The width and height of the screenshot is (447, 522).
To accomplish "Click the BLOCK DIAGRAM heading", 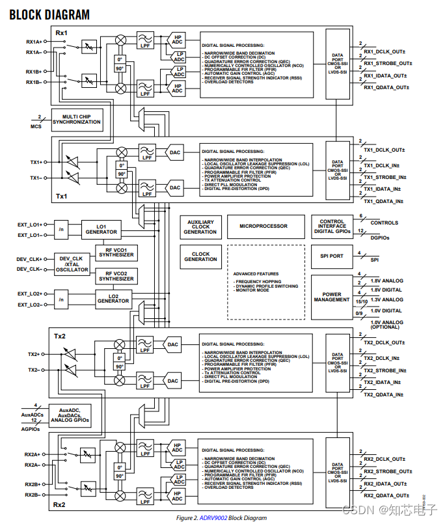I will click(49, 14).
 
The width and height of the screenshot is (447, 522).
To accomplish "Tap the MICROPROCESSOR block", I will click(264, 227).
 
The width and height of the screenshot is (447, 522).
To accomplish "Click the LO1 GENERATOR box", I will click(102, 229).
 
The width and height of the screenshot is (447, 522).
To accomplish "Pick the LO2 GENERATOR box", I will click(113, 299).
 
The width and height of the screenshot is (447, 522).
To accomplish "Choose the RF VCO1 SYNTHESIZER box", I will click(116, 252).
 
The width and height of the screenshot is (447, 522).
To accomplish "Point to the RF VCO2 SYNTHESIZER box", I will click(116, 276).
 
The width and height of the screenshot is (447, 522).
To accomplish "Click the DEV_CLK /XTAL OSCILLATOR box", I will click(71, 264).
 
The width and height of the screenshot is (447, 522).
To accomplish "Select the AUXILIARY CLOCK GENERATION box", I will click(200, 227).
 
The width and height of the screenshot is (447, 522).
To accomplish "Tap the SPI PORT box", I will click(332, 256).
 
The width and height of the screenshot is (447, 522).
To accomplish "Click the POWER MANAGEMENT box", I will click(332, 297).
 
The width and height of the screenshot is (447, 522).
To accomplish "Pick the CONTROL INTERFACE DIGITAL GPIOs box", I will click(332, 227).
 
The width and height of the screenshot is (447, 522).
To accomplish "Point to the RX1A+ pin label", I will click(34, 41).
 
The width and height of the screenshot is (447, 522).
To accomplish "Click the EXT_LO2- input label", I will click(30, 305).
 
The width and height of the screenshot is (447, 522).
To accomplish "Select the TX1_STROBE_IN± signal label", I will click(385, 177).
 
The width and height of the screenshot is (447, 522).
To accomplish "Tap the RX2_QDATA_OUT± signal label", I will click(386, 496).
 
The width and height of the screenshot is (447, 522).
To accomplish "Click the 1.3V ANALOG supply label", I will click(386, 299).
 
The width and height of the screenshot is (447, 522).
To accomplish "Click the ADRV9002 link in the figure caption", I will click(213, 517).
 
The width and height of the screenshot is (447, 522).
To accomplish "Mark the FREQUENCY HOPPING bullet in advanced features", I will click(259, 281).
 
